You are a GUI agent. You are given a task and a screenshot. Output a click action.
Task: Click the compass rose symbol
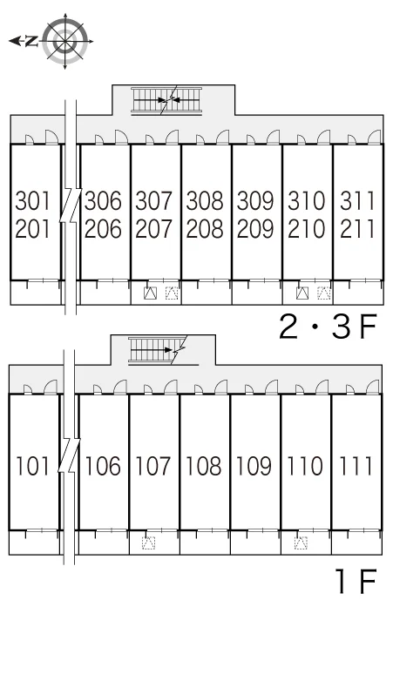point(65,41)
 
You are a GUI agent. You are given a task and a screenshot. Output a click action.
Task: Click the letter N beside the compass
point(31,41)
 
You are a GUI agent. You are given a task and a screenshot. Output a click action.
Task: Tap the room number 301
point(33,201)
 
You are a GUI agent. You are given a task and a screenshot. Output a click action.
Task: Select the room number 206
point(103,229)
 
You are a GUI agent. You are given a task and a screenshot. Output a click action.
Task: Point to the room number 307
point(154,201)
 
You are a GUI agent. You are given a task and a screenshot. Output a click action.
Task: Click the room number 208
point(205,229)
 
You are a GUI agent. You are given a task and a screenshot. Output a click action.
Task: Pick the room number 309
point(255,201)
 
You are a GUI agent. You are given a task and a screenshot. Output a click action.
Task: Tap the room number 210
point(307,229)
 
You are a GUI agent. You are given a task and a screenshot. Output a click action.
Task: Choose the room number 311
point(357,201)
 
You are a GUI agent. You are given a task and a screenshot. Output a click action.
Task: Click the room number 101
point(33,467)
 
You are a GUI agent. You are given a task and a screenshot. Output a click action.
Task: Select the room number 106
point(103,467)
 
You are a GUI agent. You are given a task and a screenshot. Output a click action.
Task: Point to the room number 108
point(204,467)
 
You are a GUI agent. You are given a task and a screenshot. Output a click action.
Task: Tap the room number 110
point(305,467)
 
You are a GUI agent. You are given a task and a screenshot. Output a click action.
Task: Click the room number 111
point(356,467)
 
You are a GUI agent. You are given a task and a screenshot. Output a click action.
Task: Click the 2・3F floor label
point(328,327)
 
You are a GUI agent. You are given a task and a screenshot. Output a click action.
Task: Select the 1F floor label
point(357,581)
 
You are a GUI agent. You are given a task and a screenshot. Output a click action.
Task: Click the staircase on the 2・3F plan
point(166,100)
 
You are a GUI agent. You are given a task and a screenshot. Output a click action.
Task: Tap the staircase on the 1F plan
point(157,350)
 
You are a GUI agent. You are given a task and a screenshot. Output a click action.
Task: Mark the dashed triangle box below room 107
point(149,543)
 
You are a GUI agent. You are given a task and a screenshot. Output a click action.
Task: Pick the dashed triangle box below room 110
point(301,543)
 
